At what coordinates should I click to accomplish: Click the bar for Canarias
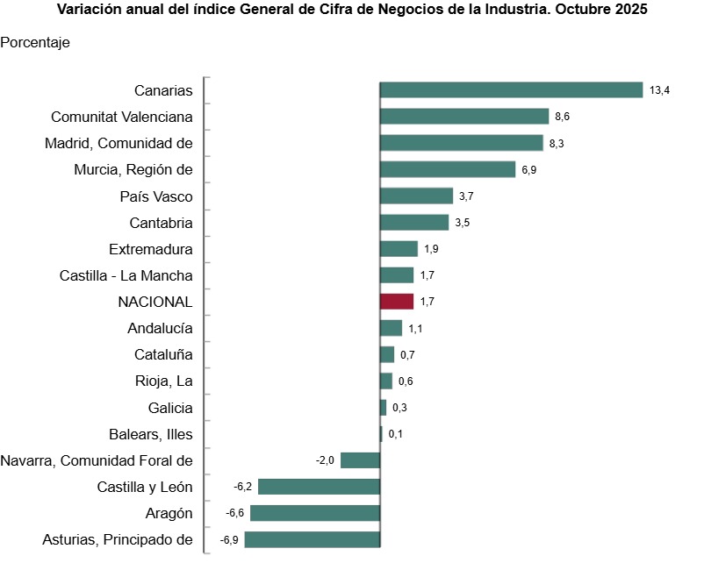point(511,90)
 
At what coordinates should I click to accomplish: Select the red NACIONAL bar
point(396,302)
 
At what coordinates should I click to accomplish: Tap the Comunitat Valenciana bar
point(463,117)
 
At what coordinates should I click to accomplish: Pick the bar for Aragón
point(315,513)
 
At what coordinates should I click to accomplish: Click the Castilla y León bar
point(319,487)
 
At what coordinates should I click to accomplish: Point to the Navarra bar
point(360,460)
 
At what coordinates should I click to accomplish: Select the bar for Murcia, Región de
point(447,169)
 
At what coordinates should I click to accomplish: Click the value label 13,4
point(659,90)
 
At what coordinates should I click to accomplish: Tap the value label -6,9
point(229,539)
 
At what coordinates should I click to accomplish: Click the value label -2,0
point(325,460)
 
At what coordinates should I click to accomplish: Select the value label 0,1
point(395,434)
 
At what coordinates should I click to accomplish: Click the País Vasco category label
point(156,196)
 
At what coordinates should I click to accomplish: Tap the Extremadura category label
point(151,249)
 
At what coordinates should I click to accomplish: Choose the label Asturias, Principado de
point(118,539)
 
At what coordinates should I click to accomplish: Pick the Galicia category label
point(171,408)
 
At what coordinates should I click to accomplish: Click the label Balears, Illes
point(151,434)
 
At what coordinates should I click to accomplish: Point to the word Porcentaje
point(36,42)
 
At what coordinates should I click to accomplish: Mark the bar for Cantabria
point(413,223)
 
